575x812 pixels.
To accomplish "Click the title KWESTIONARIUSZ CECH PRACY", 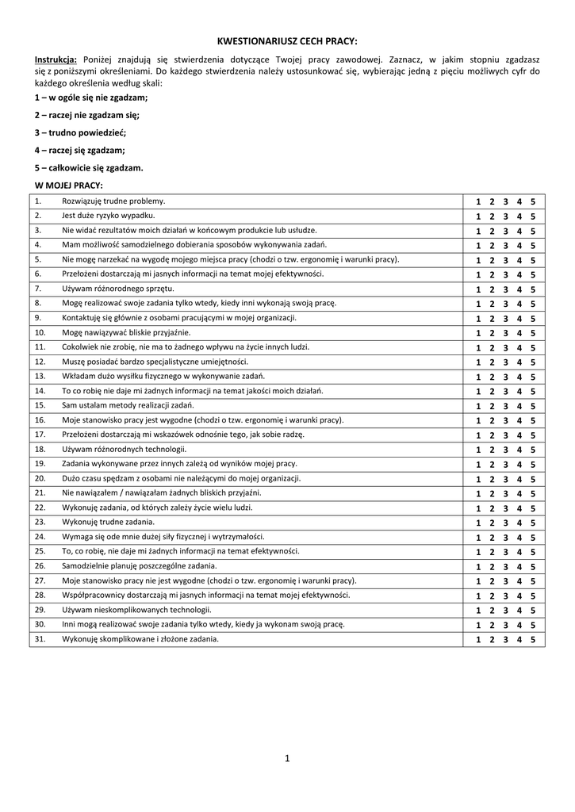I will click(287, 40).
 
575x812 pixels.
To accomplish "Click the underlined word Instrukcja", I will click(56, 59).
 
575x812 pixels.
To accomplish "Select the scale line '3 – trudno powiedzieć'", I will click(80, 132).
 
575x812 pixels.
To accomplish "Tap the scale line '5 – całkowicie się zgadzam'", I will click(89, 167).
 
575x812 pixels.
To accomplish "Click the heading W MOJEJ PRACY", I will click(69, 185).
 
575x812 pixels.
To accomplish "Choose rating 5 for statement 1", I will click(533, 201).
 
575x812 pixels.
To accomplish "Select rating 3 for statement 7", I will click(506, 289).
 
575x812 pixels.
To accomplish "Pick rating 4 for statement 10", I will click(519, 333).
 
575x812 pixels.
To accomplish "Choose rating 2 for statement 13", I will click(493, 377).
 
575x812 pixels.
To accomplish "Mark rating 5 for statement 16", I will click(533, 420).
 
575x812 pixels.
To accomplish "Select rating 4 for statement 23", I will click(519, 523).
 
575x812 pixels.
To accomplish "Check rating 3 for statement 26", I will click(506, 566).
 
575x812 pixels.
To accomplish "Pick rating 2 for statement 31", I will click(493, 639).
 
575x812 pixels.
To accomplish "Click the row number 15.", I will click(40, 405).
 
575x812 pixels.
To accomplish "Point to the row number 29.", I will click(40, 610).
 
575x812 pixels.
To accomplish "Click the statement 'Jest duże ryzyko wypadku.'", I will click(109, 216).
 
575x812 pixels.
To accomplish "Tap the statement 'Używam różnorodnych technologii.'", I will click(119, 449).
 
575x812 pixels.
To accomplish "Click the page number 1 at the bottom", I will click(287, 759).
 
